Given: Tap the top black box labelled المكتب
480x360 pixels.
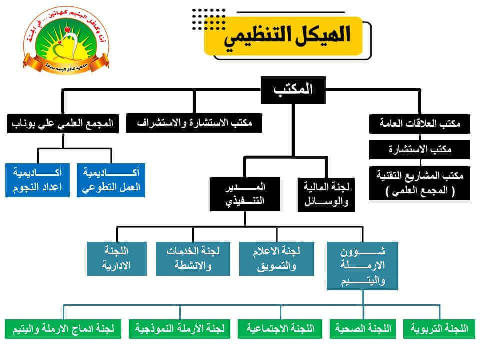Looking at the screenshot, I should point(293,90).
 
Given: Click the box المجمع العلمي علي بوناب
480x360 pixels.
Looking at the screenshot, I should point(63,124).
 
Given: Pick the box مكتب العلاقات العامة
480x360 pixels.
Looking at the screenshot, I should point(420,124).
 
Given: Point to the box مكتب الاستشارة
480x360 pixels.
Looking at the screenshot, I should point(420,149).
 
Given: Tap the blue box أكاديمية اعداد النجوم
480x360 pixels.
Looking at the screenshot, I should point(38,180).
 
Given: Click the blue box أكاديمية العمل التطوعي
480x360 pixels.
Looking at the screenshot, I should point(111,180).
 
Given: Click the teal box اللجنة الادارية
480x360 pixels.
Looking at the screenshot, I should point(117,258).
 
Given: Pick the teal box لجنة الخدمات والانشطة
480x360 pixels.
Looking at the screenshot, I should point(193,258).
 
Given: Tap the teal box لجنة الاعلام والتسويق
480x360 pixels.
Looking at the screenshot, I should point(277,258).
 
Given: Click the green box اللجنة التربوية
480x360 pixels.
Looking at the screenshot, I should point(439,329).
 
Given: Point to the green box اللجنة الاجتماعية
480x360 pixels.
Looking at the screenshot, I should point(280,329).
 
